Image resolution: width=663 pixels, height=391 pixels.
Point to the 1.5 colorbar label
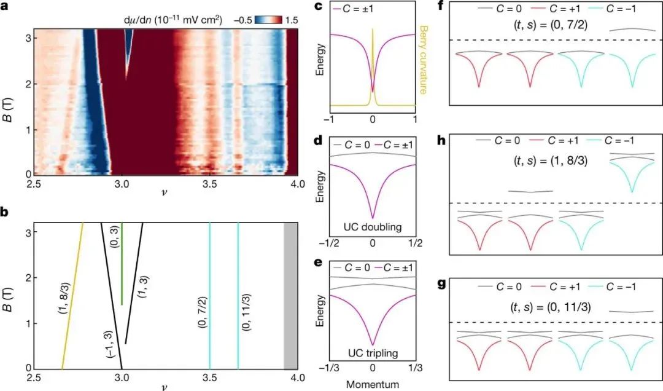click(x=290, y=20)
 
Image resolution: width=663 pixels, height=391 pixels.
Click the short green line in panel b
click(x=122, y=264)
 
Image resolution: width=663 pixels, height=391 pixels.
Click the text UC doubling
click(x=373, y=227)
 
